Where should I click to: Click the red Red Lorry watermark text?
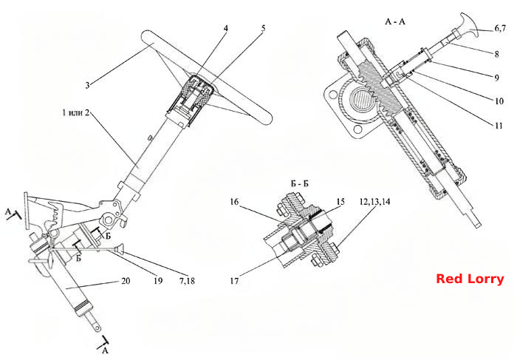470,279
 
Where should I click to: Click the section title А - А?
395,21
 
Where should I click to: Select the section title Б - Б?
300,184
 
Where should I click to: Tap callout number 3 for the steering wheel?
87,85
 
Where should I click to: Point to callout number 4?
225,28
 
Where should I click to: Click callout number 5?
263,28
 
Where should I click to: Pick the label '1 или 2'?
75,112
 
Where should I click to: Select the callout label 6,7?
500,28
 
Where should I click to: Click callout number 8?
496,53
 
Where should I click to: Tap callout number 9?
496,78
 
